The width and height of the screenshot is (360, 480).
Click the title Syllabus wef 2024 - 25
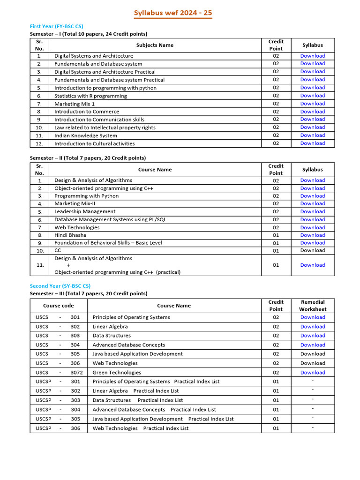173,13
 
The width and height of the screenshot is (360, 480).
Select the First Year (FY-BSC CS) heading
56,26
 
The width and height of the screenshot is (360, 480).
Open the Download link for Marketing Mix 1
312,104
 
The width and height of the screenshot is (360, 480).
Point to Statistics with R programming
90,96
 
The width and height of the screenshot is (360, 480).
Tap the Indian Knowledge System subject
86,135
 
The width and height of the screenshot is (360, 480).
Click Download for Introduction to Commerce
312,112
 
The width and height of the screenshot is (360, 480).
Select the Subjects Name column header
155,45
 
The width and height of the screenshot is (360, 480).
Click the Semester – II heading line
88,158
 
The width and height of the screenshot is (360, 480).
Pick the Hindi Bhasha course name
70,235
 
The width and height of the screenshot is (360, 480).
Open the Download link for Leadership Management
312,211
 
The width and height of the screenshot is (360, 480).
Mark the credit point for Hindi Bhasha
276,235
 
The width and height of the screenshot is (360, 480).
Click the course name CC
58,250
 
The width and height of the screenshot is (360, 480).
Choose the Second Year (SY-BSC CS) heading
60,286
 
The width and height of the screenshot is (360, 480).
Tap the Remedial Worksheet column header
313,306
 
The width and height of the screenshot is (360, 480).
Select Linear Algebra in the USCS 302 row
110,326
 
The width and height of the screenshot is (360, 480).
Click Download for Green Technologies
312,372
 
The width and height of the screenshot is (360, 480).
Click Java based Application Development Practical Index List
163,419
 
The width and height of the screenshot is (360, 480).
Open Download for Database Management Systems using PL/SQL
312,219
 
